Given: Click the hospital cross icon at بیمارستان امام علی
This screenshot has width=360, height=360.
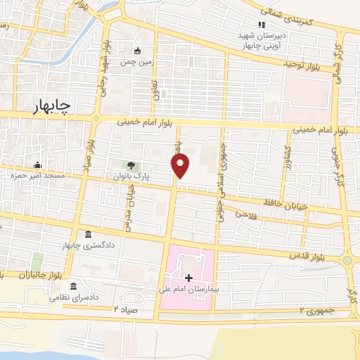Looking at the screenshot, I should (x=188, y=278).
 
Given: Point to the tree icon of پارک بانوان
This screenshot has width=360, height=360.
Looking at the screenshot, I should (x=132, y=165).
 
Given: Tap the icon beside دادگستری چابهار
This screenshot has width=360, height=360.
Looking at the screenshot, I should (x=87, y=234).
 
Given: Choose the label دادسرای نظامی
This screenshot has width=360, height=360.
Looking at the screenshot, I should (x=70, y=297).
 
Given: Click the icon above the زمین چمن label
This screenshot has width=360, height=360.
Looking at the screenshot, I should (x=137, y=51).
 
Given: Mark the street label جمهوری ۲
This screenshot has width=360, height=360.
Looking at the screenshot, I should (x=314, y=310).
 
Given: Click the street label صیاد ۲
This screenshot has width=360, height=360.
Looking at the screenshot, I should (x=127, y=309).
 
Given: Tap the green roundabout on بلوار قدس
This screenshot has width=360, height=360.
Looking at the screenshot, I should (x=347, y=260).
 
